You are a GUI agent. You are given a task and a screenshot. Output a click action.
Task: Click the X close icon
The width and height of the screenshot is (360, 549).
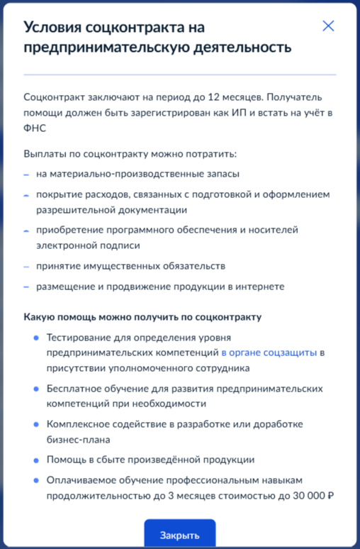coord(328,26)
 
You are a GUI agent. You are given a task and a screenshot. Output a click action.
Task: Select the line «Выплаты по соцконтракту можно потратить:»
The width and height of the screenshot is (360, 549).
coord(130,154)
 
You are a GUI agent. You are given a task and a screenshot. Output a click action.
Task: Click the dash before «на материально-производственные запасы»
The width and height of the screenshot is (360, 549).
coord(26,174)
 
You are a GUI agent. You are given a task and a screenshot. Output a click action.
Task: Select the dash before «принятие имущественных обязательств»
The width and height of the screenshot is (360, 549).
coord(26,267)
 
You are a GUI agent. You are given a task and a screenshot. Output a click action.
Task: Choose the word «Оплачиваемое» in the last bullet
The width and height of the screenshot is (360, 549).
coord(77,479)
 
